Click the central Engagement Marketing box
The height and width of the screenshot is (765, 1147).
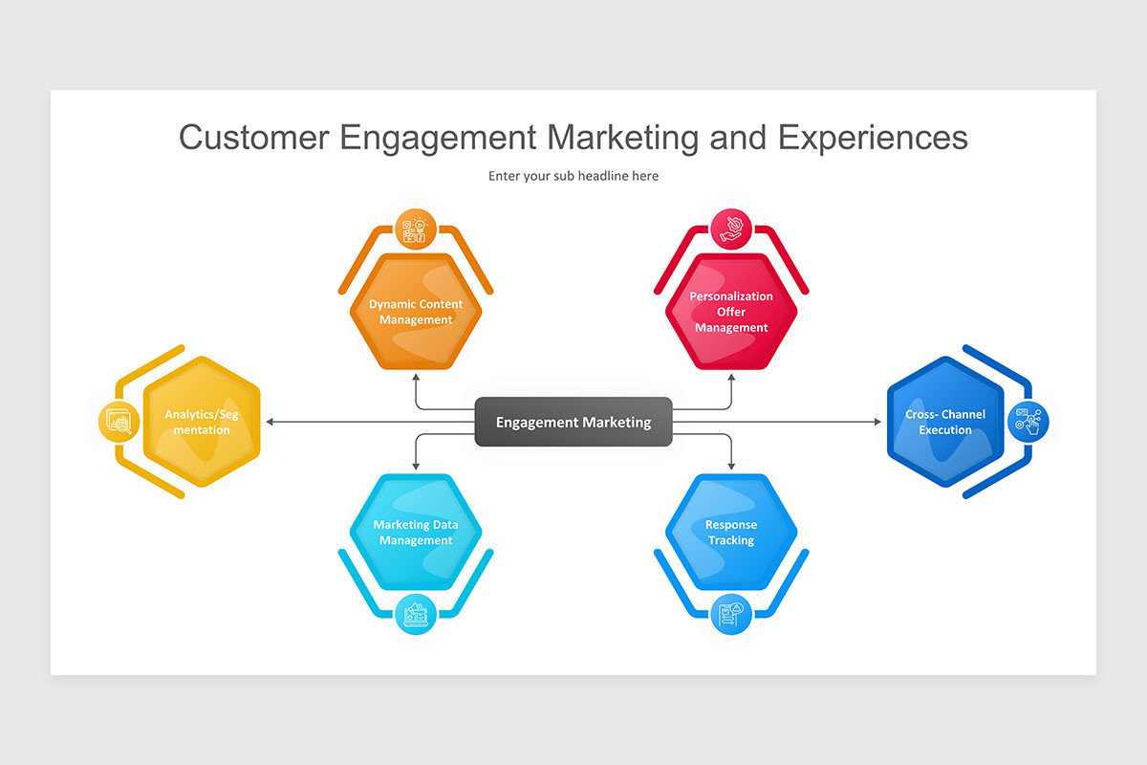pyautogui.click(x=573, y=422)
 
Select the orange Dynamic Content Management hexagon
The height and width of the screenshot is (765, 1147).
pyautogui.click(x=416, y=312)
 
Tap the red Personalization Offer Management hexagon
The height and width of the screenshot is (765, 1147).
pyautogui.click(x=731, y=312)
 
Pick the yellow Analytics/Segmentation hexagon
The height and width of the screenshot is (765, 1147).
pyautogui.click(x=202, y=422)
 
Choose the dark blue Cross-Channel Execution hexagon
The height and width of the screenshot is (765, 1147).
pyautogui.click(x=944, y=422)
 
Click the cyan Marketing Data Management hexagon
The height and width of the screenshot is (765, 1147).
pyautogui.click(x=416, y=533)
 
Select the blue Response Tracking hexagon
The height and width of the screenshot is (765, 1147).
pyautogui.click(x=731, y=533)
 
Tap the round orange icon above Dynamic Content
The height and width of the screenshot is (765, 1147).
pyautogui.click(x=416, y=229)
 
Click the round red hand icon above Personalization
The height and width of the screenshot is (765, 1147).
pyautogui.click(x=731, y=229)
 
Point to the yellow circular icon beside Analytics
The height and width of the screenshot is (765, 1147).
pyautogui.click(x=119, y=422)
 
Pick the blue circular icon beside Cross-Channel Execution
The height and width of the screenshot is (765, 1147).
pyautogui.click(x=1028, y=422)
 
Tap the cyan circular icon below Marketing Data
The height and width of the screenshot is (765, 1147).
pyautogui.click(x=416, y=614)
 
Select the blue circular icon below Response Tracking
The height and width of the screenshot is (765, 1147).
pyautogui.click(x=731, y=614)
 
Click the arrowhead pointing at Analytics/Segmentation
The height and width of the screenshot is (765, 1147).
pyautogui.click(x=271, y=422)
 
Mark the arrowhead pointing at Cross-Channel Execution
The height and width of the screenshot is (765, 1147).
pyautogui.click(x=876, y=422)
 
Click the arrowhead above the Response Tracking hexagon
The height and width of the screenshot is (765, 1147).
pyautogui.click(x=731, y=466)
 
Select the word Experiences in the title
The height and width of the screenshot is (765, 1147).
pyautogui.click(x=872, y=137)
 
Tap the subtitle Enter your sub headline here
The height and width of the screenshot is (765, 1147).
pyautogui.click(x=573, y=176)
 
